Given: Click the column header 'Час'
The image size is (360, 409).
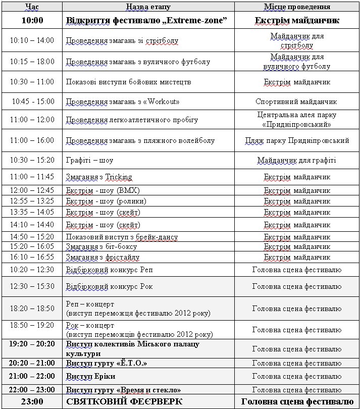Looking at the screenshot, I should point(32,7).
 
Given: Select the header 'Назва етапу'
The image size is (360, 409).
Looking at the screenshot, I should point(148,7).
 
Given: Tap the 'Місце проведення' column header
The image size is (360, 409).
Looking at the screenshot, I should point(297,7).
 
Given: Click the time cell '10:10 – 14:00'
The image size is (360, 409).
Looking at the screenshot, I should point(32,40).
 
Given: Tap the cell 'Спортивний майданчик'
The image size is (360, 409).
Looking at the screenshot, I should point(296,101).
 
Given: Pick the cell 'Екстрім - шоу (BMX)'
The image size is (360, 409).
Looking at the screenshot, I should point(103,190).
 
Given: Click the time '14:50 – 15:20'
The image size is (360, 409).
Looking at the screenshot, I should point(32,237).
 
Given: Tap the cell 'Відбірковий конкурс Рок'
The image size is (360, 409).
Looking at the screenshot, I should point(109,286).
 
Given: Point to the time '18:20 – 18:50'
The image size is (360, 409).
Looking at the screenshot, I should point(32,309).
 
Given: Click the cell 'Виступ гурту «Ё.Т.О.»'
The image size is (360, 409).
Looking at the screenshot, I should point(107,364).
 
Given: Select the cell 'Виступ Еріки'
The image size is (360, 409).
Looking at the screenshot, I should point(91,377).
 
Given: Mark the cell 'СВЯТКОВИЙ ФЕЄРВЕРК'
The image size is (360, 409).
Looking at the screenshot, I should point(125,402).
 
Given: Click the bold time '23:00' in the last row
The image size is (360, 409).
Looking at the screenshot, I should point(32,402).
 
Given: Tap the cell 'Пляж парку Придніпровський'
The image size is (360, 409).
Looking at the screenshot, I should point(297,140).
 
